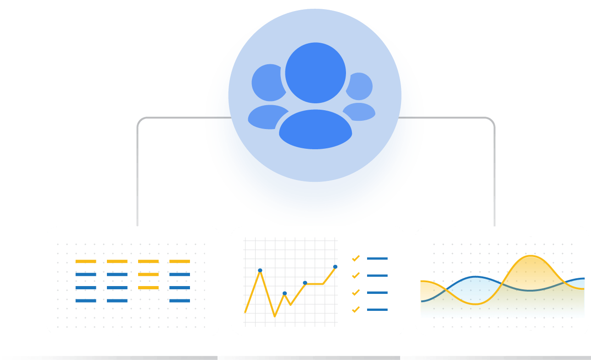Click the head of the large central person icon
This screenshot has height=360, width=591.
pos(315,73)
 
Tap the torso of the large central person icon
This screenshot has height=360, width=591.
pos(315,130)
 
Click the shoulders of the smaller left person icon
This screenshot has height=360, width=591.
pos(266,117)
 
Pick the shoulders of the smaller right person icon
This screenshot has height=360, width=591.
pos(361,112)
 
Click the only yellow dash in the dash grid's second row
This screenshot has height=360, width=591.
pos(148,275)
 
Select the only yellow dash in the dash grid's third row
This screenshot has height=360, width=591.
pos(148,287)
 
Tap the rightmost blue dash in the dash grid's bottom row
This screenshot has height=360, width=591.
pos(179,301)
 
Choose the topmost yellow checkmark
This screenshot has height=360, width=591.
pos(356,259)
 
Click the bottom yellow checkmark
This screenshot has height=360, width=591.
pos(356,310)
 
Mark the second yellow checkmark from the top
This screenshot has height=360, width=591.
pos(356,276)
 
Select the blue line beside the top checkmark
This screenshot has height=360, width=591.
pos(377,259)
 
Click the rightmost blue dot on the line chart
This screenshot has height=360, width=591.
pos(335,267)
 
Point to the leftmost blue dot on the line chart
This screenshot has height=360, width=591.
pos(260,270)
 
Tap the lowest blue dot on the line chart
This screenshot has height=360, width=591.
pos(284,293)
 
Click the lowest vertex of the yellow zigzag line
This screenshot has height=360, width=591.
pos(275,316)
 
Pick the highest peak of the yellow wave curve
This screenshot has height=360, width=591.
pos(530,256)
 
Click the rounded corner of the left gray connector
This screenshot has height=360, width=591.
pos(139,120)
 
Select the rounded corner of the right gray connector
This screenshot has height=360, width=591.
pos(492,120)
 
